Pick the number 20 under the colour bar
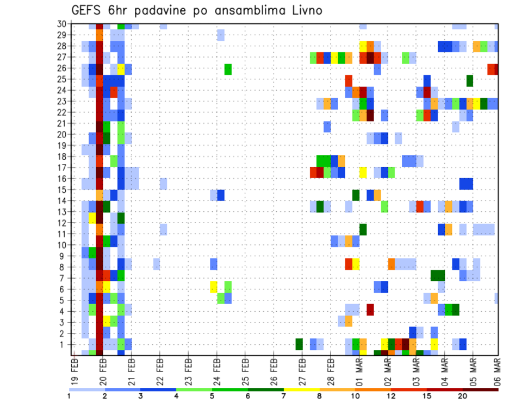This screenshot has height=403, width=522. click(x=462, y=395)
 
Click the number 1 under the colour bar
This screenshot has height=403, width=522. click(x=69, y=395)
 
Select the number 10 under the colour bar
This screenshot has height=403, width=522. click(x=355, y=395)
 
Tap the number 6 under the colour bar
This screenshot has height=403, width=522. click(x=248, y=395)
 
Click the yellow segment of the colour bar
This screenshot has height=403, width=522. click(x=302, y=389)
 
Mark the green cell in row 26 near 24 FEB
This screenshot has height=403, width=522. click(x=228, y=69)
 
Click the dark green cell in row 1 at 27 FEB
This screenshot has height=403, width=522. click(x=299, y=344)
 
